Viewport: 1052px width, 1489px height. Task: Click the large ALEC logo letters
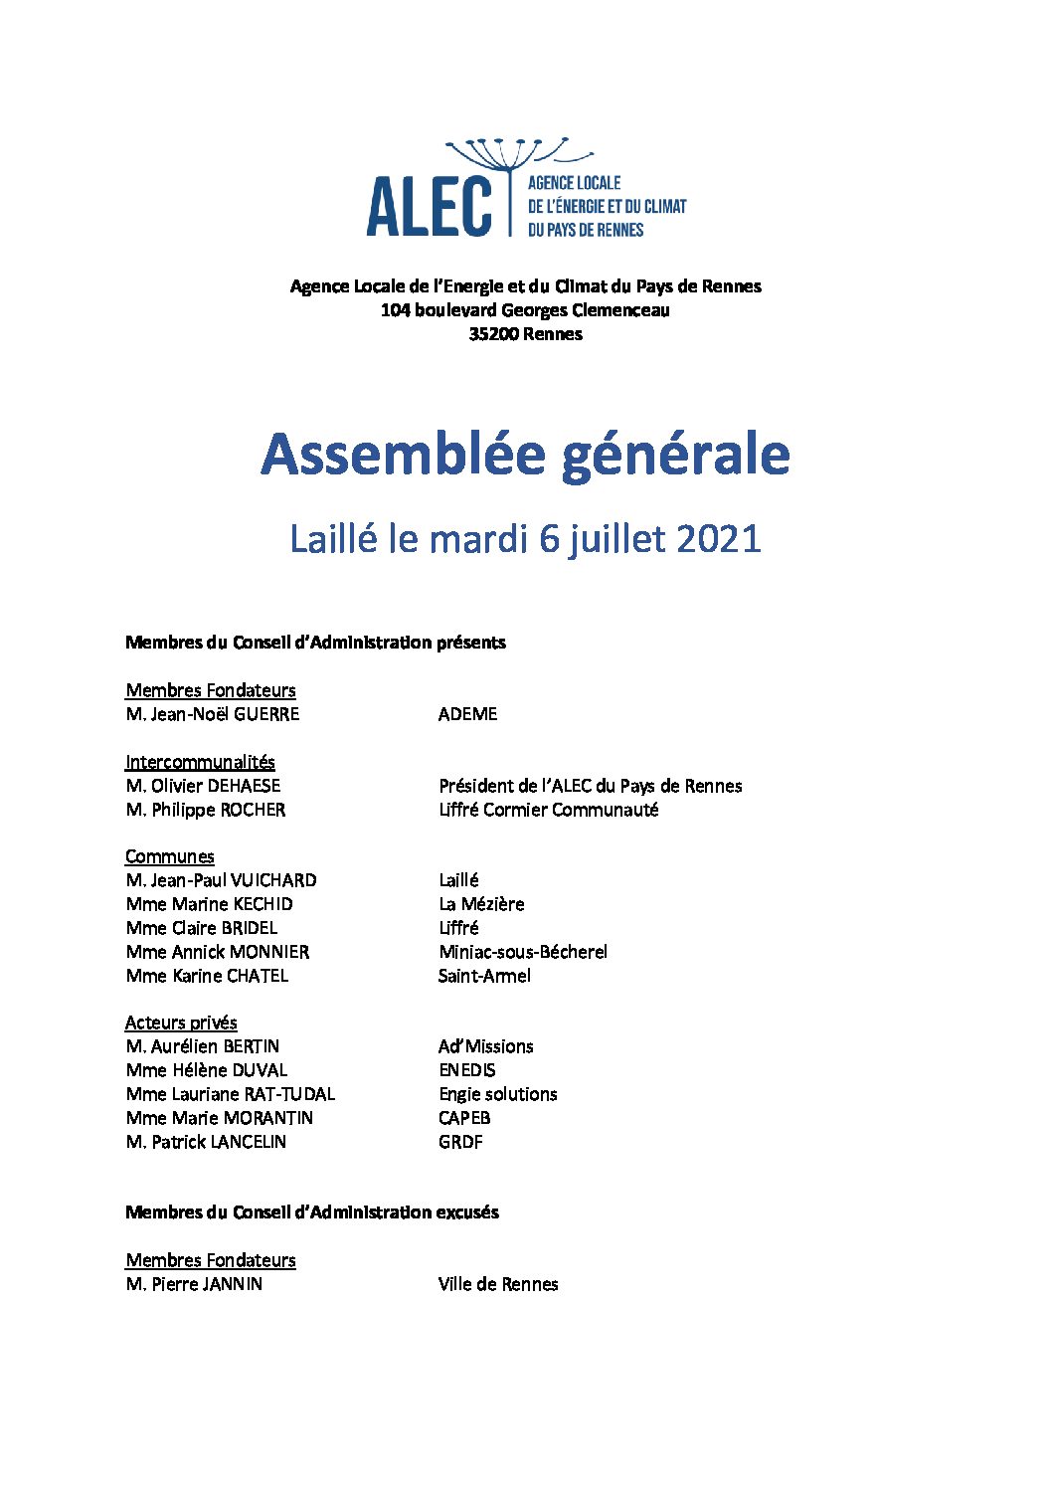click(x=429, y=207)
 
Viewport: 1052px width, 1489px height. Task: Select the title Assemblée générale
click(x=525, y=456)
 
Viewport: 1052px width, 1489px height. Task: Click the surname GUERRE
click(x=265, y=714)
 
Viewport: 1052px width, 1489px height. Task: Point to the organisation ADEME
click(x=467, y=714)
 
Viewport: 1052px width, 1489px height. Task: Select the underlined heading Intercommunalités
click(x=200, y=762)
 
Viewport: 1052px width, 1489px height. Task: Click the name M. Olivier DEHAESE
click(x=203, y=786)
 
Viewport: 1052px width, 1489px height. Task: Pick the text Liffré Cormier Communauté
click(x=548, y=810)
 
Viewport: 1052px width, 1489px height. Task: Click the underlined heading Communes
click(x=169, y=856)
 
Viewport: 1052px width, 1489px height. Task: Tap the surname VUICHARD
click(x=273, y=880)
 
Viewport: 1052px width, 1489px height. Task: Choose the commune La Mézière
click(x=481, y=904)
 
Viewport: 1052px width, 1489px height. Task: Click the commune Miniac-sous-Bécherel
click(x=522, y=952)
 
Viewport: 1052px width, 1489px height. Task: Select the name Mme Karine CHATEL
click(x=207, y=976)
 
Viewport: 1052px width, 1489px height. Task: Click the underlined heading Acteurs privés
click(x=181, y=1023)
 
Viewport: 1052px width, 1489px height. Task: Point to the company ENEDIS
click(x=466, y=1070)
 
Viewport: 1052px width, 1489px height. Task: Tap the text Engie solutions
click(x=497, y=1094)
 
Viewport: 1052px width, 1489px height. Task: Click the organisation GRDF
click(x=460, y=1142)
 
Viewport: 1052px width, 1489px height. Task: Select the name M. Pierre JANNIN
click(x=194, y=1284)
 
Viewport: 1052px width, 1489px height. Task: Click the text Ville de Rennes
click(x=497, y=1284)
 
